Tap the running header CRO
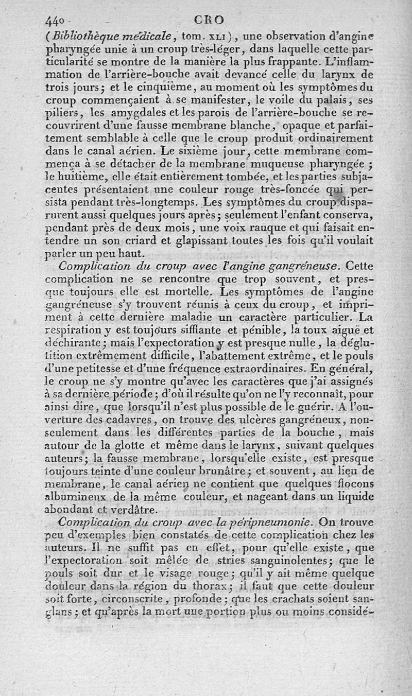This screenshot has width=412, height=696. tap(210, 20)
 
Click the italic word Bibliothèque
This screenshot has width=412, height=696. tap(82, 37)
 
